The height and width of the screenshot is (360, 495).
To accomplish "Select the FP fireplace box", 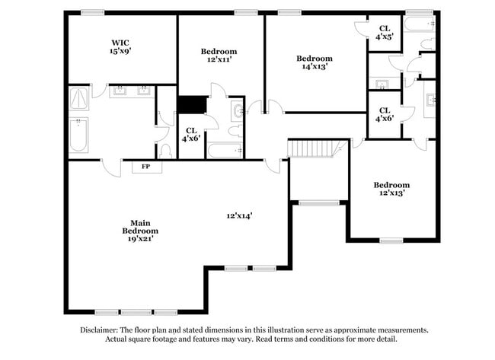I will [x=145, y=167].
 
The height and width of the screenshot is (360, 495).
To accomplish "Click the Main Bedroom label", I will [x=140, y=226].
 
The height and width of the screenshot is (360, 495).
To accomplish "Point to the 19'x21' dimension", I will [x=140, y=239].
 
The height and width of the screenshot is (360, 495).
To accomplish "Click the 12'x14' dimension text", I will [x=239, y=215].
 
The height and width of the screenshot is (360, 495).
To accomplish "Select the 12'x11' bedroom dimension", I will [x=219, y=60].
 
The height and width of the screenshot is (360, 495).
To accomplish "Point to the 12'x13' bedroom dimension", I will [x=391, y=193].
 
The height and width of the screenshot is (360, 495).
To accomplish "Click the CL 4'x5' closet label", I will [x=385, y=33].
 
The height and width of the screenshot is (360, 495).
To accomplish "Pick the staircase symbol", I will [x=314, y=148].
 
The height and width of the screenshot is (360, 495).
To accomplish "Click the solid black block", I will [x=191, y=104].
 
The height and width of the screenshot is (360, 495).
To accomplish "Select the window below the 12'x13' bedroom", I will [x=391, y=241].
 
